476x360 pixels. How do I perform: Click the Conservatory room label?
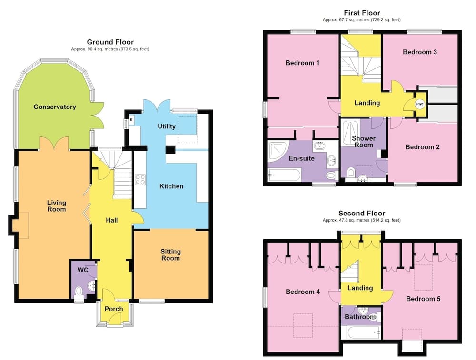[x=55, y=107]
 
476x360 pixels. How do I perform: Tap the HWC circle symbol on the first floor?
[x=419, y=104]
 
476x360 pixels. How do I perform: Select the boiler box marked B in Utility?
[x=131, y=119]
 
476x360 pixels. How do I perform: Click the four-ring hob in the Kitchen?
[x=140, y=180]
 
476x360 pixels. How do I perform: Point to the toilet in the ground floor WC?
[x=79, y=292]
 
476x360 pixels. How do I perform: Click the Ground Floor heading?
[x=110, y=42]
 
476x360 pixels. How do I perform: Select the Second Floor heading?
[x=362, y=213]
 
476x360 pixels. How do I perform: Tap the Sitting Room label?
[x=170, y=255]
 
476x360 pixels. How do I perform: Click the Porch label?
[x=114, y=309]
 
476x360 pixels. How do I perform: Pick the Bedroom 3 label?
[x=420, y=52]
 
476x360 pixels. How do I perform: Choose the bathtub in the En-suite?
[x=285, y=175]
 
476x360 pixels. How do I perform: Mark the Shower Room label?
[x=364, y=142]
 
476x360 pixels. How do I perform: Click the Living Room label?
[x=57, y=206]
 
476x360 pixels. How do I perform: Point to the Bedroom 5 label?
[x=423, y=299]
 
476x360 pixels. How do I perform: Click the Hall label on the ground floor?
[x=112, y=220]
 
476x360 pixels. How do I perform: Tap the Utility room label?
[x=167, y=126]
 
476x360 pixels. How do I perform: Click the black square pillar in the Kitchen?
[x=170, y=149]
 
